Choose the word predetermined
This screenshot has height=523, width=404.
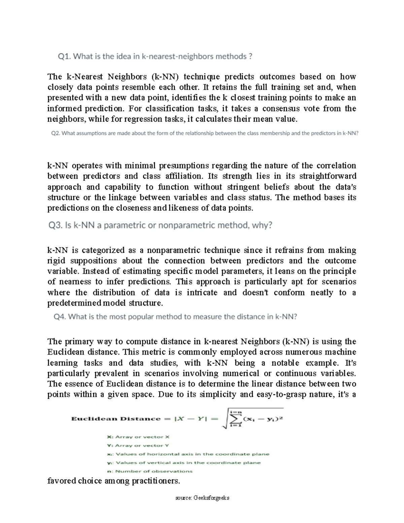click(74, 303)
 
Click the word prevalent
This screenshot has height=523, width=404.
click(112, 373)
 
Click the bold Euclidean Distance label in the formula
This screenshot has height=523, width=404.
click(116, 419)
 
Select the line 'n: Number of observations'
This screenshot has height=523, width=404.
click(149, 471)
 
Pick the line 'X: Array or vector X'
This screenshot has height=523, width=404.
click(138, 437)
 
